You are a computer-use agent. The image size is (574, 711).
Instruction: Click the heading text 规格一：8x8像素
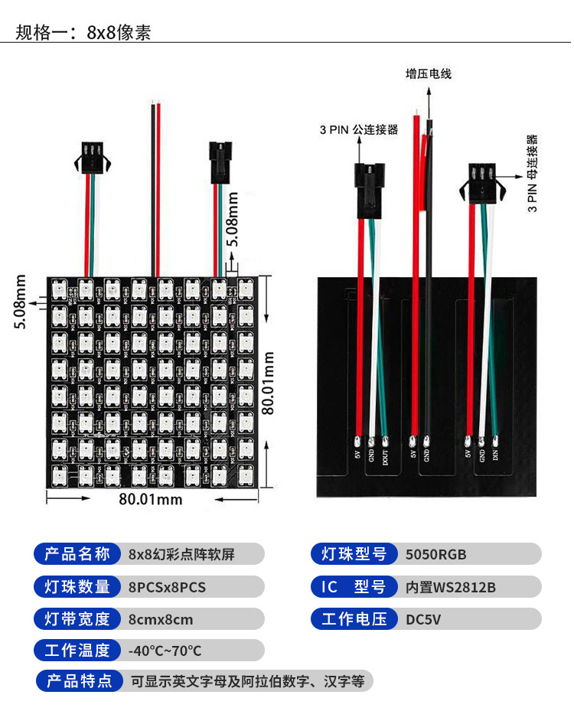[83, 32]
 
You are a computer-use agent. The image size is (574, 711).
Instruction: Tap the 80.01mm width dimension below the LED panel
[151, 499]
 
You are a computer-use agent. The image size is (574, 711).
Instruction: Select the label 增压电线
[428, 74]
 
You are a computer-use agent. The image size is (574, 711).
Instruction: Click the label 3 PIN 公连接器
[358, 129]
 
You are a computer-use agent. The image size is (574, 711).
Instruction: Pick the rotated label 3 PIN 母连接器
[533, 173]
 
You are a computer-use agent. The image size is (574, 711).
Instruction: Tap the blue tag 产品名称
[77, 554]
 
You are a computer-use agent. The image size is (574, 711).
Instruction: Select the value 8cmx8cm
[161, 620]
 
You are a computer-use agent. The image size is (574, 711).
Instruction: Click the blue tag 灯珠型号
[354, 554]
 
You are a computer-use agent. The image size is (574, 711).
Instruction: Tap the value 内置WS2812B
[451, 588]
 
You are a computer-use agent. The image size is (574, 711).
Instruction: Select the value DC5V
[423, 620]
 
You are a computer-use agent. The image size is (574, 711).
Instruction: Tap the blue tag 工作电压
[354, 619]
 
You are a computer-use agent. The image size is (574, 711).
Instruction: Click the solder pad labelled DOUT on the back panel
[384, 441]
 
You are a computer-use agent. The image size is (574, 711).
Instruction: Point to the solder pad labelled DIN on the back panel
[496, 441]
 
